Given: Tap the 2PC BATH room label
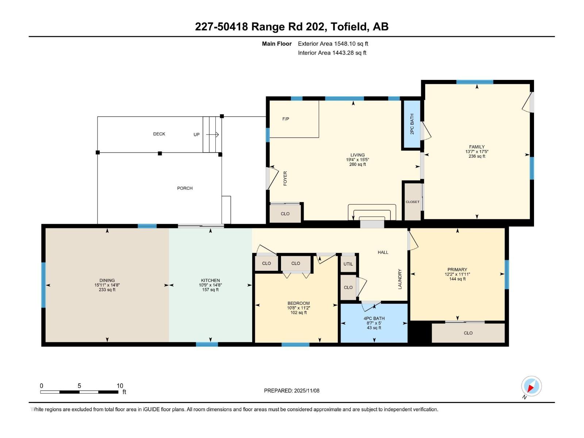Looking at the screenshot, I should [x=412, y=124].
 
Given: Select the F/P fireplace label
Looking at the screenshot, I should [x=286, y=119].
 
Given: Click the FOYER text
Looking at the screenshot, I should [x=285, y=178].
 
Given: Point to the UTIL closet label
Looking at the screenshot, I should [x=348, y=264].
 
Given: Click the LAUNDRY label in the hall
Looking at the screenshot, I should [x=400, y=279].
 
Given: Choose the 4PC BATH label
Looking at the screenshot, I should [x=374, y=318].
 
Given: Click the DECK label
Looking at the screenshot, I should [x=159, y=134].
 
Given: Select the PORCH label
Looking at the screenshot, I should [x=185, y=188].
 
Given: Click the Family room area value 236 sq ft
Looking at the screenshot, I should [x=477, y=156].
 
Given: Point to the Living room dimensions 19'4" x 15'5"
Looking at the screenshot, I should [x=357, y=160].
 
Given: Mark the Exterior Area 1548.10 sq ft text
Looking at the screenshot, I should [x=333, y=44].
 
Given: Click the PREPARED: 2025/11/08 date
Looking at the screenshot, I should [x=292, y=391].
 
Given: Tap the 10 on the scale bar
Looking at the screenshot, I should [x=120, y=386].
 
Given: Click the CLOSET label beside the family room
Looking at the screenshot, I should [x=412, y=202].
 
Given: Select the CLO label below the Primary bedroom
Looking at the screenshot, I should [x=468, y=333].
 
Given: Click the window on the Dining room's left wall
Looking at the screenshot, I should [x=43, y=285].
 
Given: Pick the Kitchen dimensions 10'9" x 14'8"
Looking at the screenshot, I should [x=210, y=285].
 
